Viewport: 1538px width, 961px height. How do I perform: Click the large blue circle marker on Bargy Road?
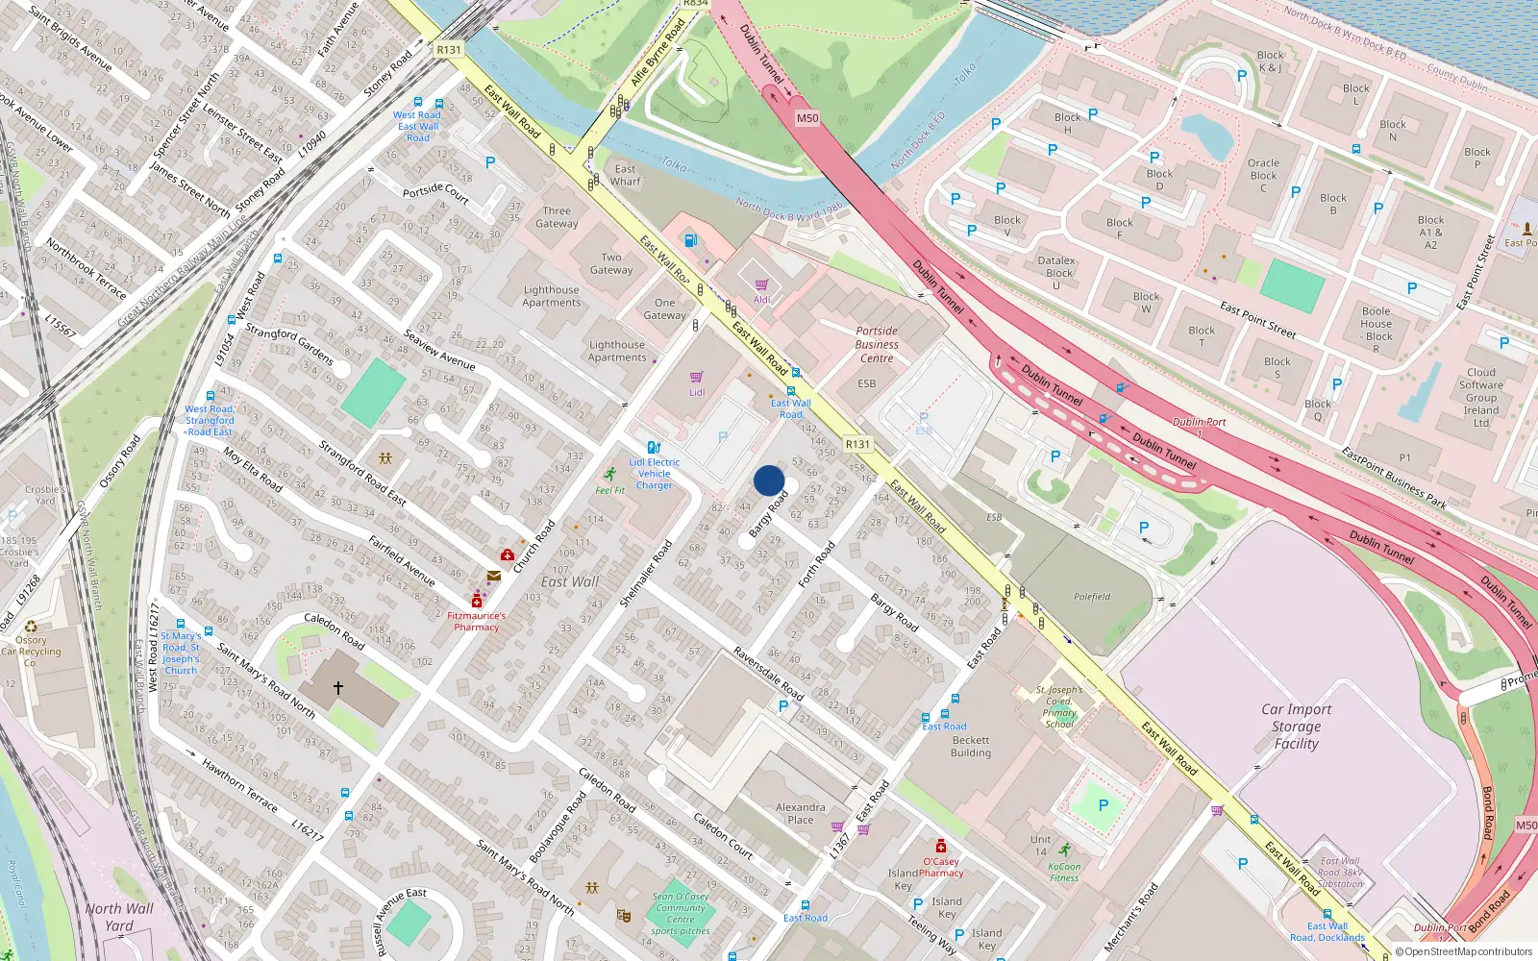coord(769,480)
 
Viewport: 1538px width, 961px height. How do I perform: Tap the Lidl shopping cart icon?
coord(697,377)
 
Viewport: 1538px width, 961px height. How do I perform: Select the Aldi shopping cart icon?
coord(761,284)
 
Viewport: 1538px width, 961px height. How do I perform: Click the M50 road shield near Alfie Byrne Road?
coord(807,118)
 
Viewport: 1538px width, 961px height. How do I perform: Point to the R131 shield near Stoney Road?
coord(449,50)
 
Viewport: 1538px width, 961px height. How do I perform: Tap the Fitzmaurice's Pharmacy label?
coord(476,621)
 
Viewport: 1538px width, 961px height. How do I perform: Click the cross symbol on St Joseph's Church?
coord(338,688)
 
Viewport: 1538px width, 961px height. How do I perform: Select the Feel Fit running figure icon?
coord(609,475)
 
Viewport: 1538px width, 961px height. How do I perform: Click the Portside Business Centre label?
coord(877,344)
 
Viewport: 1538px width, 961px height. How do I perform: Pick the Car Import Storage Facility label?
coord(1296,726)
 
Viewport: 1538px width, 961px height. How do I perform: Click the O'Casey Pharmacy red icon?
coord(941,846)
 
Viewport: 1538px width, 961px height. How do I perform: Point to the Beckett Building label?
coord(971,747)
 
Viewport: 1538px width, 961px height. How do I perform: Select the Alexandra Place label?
coord(800,813)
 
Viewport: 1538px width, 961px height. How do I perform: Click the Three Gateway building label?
coord(557,217)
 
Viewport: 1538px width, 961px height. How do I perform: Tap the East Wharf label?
coord(625,175)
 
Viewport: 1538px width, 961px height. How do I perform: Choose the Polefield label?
coord(1092,597)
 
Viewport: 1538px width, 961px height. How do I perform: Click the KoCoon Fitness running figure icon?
coord(1065,850)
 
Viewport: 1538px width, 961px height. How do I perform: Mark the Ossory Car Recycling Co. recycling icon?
coord(31,626)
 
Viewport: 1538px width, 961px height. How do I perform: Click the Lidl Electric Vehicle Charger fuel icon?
coord(654,447)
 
